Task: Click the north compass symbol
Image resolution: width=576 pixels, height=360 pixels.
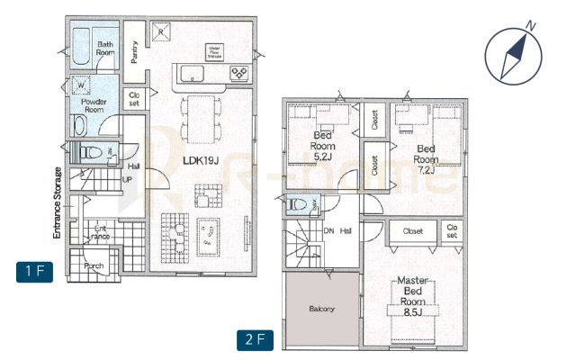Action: pyautogui.click(x=512, y=53)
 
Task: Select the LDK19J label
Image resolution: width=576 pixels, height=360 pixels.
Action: pyautogui.click(x=201, y=160)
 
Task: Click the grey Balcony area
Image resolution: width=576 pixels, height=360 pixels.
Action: pyautogui.click(x=322, y=310)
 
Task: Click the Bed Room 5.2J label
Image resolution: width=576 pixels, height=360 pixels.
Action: pyautogui.click(x=322, y=145)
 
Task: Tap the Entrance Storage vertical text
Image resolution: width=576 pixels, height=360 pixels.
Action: pyautogui.click(x=56, y=202)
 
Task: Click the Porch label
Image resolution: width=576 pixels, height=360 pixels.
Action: pyautogui.click(x=94, y=266)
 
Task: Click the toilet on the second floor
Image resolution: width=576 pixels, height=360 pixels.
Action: pyautogui.click(x=296, y=205)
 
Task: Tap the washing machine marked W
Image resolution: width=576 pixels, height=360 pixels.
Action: pyautogui.click(x=81, y=86)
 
